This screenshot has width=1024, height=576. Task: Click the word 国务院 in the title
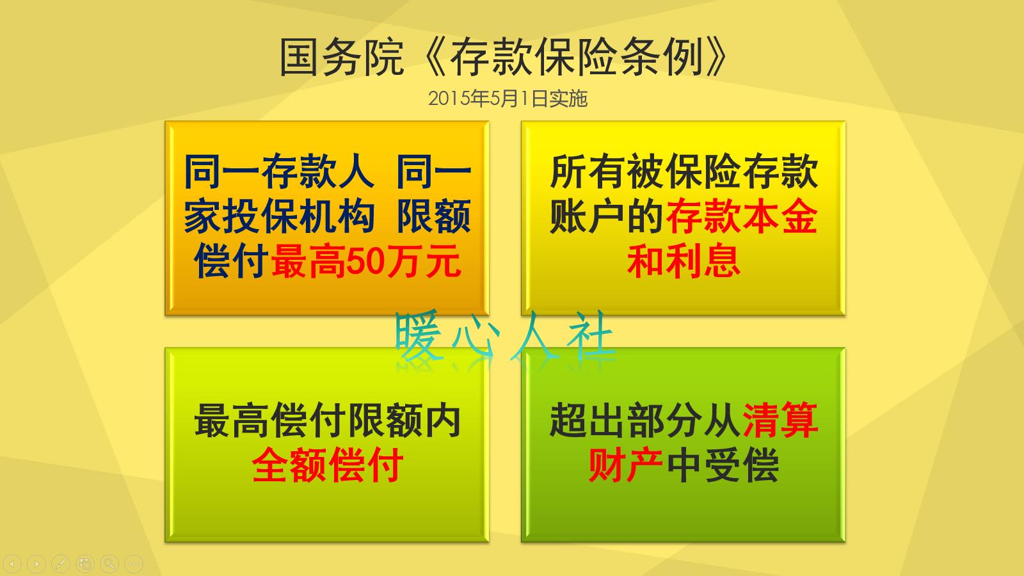tap(341, 58)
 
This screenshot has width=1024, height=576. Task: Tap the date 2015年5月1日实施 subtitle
tap(508, 99)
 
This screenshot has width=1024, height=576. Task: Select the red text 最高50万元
tap(366, 262)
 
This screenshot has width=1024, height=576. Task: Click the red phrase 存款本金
tap(742, 217)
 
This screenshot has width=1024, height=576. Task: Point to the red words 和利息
tap(684, 262)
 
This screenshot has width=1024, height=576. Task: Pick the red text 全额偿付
tap(327, 465)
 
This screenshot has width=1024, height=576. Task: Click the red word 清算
tap(780, 420)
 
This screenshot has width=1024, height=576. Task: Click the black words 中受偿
tap(723, 465)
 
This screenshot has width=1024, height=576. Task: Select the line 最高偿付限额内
tap(327, 420)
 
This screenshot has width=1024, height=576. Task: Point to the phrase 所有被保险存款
tap(684, 172)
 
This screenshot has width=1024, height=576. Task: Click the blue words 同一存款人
tap(278, 172)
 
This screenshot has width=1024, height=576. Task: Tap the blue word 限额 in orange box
tap(434, 217)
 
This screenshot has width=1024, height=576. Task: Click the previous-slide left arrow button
tap(13, 564)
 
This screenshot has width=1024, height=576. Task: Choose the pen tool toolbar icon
tap(60, 564)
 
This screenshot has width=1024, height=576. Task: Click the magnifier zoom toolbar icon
tap(109, 564)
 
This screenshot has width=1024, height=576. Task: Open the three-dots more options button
tap(133, 564)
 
